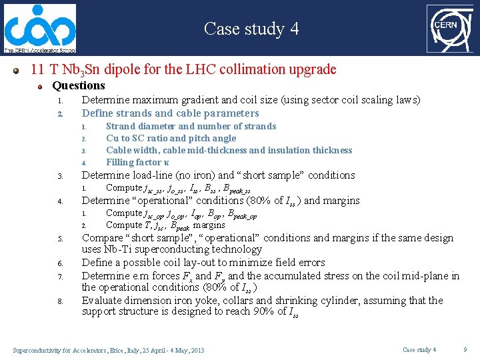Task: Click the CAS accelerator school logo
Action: [x=39, y=28]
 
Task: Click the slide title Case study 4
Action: [x=251, y=29]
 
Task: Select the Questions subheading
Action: [x=79, y=85]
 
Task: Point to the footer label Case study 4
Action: [x=419, y=350]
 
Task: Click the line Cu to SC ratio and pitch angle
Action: [x=171, y=138]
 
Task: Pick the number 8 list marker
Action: [x=59, y=301]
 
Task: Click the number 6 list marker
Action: [x=59, y=263]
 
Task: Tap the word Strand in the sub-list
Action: [x=121, y=126]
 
